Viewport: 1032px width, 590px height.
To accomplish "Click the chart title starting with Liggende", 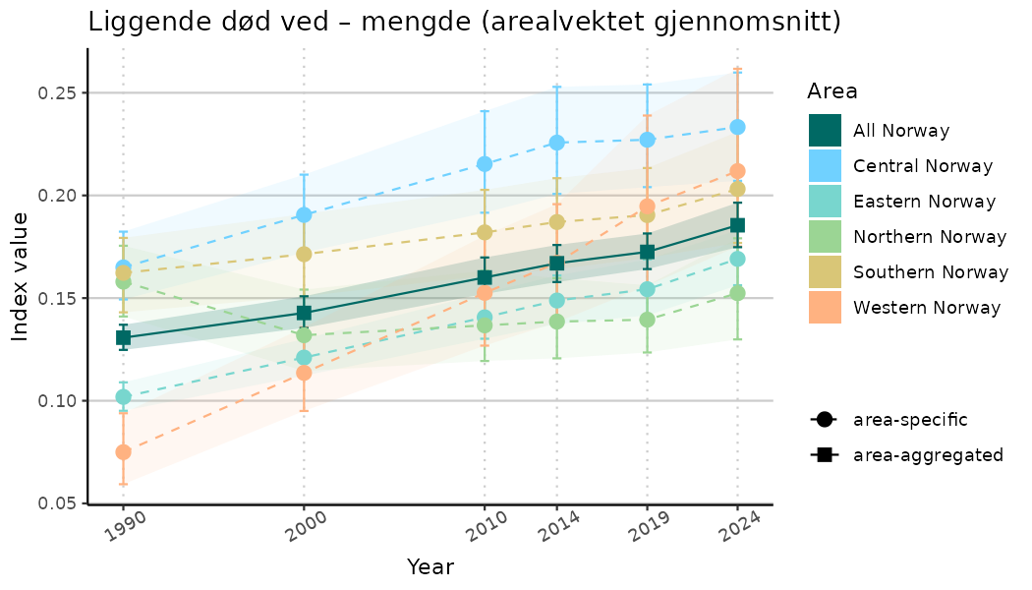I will (x=464, y=22).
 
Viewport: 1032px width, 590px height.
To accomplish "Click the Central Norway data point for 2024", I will (x=737, y=127).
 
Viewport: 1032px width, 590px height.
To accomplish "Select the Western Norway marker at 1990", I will (x=123, y=452).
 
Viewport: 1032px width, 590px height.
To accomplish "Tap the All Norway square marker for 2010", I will (x=484, y=277).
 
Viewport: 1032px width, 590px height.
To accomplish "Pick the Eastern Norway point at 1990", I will (x=123, y=397).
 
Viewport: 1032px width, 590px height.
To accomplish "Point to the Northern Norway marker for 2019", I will (x=647, y=320).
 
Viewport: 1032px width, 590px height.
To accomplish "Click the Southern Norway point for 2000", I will (x=304, y=254).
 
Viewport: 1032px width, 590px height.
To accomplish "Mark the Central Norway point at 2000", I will (x=304, y=214).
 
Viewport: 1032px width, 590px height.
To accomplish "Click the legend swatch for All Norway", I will (x=825, y=131).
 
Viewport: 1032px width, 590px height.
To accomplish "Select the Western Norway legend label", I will (x=927, y=308).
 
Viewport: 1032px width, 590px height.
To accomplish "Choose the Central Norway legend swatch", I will (x=825, y=166).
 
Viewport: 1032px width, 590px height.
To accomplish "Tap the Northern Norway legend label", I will (x=930, y=237).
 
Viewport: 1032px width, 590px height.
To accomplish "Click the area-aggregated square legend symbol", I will (x=823, y=455).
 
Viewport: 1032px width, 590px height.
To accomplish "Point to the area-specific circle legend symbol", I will (x=823, y=420).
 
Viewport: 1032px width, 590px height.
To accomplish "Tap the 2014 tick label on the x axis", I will (x=554, y=529).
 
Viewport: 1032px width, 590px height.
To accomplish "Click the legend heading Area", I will (x=831, y=91).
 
